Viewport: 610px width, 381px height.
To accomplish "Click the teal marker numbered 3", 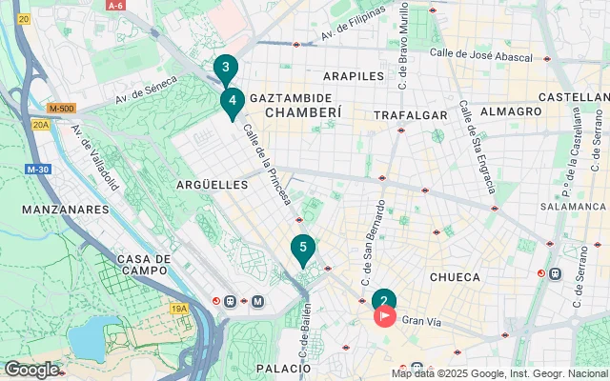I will tap(225, 67).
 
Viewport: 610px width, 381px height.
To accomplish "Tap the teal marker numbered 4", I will tap(233, 100).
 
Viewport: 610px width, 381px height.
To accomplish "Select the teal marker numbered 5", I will tap(303, 250).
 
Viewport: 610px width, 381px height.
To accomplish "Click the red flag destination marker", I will tap(385, 315).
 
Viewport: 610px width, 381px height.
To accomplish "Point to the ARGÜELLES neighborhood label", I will tap(213, 184).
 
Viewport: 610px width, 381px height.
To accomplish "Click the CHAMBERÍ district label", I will tap(302, 112).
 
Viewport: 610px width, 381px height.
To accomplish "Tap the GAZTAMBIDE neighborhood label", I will tap(291, 98).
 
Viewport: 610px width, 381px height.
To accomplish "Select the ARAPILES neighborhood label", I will tap(353, 75).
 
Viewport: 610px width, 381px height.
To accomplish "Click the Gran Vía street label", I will tap(420, 323).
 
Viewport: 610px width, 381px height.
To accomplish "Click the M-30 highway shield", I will tap(38, 170).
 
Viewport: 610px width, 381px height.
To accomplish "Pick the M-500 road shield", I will tap(60, 108).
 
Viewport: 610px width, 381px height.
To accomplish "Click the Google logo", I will tap(31, 369).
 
